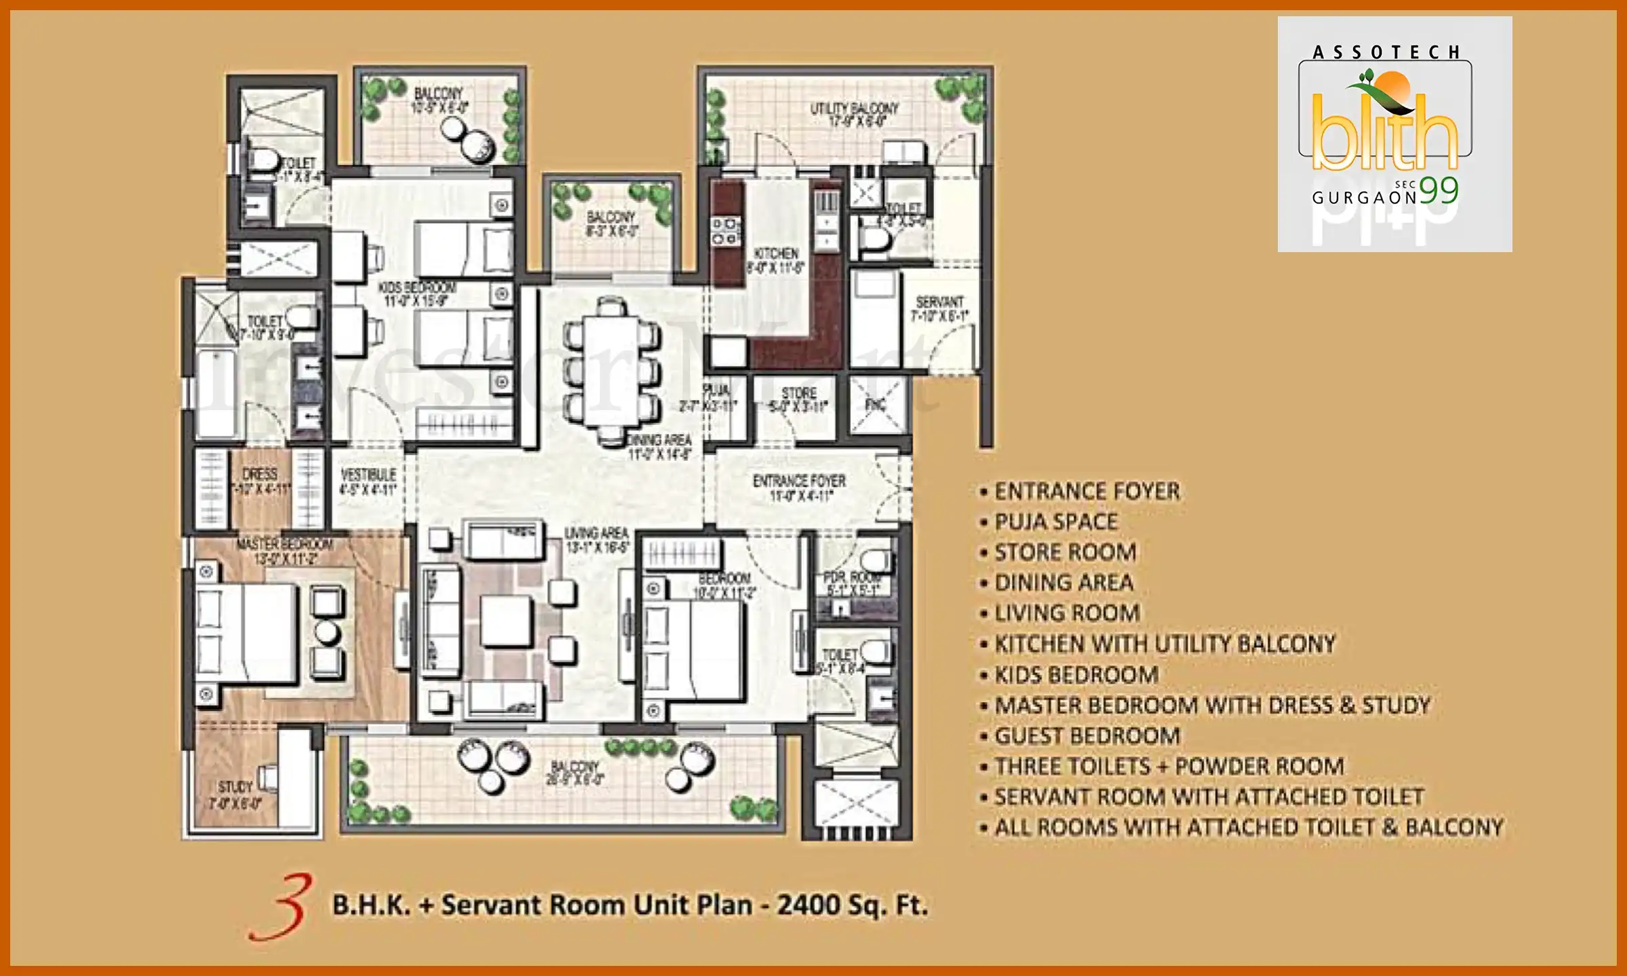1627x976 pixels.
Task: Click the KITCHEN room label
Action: click(x=776, y=253)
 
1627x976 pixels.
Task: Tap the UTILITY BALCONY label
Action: click(x=854, y=108)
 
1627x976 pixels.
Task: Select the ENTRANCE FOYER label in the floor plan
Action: click(x=799, y=481)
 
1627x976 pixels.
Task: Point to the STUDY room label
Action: click(x=235, y=787)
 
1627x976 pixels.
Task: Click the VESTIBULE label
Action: click(x=368, y=474)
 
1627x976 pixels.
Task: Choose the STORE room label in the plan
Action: click(x=799, y=393)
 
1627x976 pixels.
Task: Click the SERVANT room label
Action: click(x=939, y=302)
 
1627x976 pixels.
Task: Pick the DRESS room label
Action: click(x=260, y=474)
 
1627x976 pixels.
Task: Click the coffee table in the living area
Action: click(x=506, y=620)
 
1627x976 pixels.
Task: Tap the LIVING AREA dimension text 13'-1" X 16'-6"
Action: click(x=597, y=547)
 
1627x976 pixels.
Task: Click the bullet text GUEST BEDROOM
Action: click(x=1087, y=735)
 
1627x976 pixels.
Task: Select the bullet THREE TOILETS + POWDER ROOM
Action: click(x=1169, y=766)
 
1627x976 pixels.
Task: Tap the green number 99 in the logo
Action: click(x=1439, y=191)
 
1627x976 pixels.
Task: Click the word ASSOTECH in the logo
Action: click(x=1386, y=53)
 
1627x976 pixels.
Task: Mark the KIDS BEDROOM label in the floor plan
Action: click(x=416, y=288)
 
